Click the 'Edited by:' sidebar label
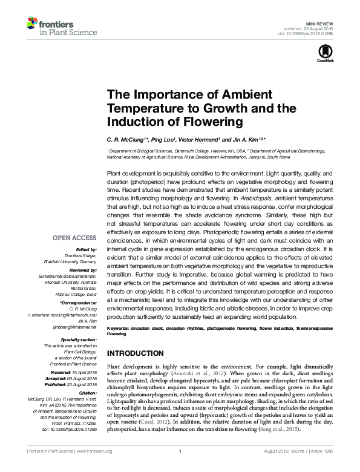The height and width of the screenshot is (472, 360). [85, 249]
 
